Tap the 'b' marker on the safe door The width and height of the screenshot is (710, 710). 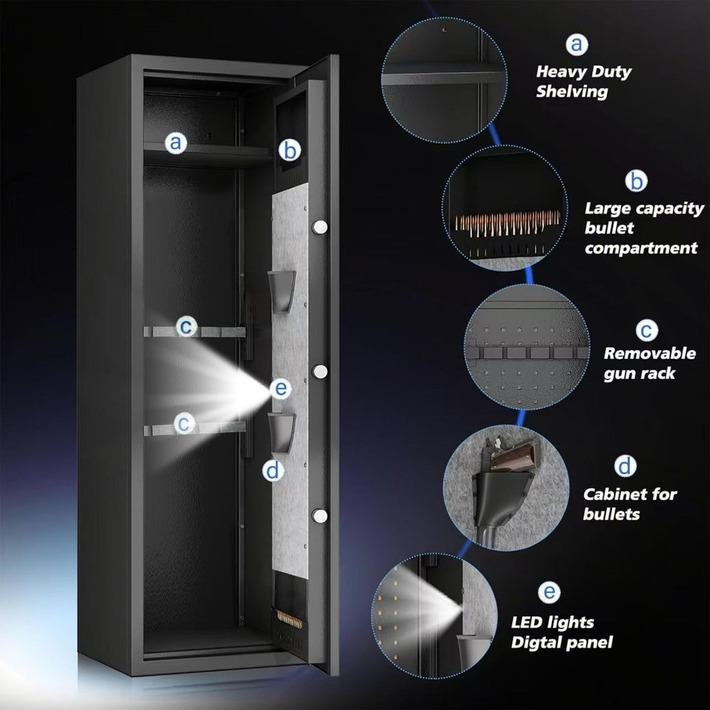click(x=289, y=150)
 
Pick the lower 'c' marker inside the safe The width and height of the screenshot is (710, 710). click(x=184, y=423)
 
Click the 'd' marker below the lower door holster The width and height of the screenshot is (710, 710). click(x=273, y=470)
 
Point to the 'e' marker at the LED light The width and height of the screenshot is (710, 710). click(x=281, y=388)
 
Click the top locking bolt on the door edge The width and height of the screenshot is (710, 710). click(x=320, y=226)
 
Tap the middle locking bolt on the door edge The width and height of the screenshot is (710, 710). click(x=320, y=371)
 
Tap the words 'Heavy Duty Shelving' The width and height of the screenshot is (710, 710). click(x=583, y=81)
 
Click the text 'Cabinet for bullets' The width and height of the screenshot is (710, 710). click(x=629, y=504)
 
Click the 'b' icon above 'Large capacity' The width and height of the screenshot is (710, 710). click(x=636, y=181)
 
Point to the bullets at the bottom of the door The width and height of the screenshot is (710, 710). click(x=288, y=618)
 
